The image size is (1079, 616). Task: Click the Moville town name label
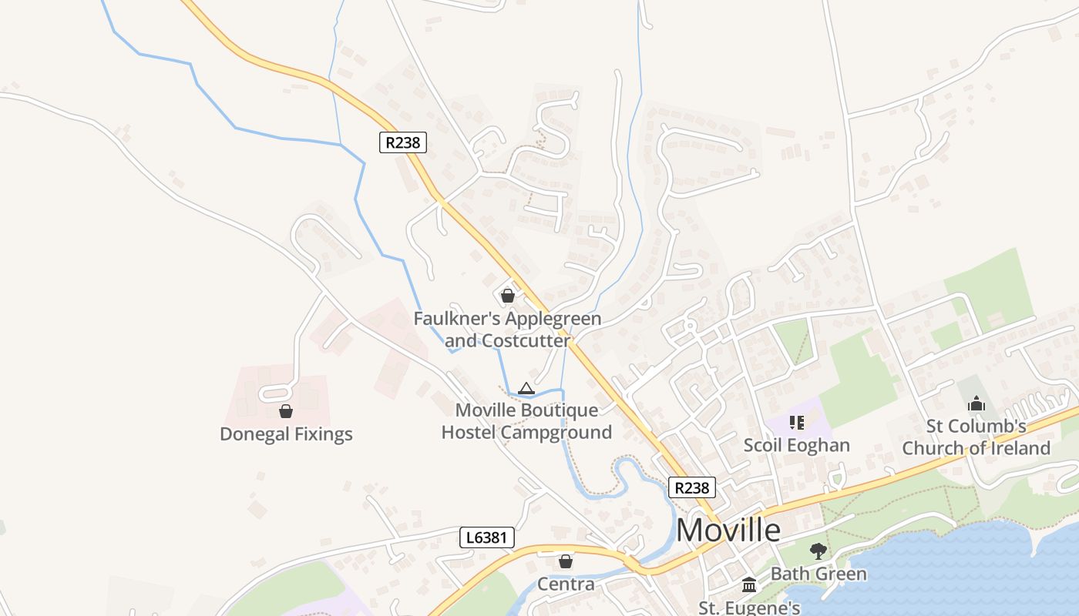click(728, 530)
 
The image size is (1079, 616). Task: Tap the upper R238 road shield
click(403, 142)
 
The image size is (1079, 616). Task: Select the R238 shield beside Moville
click(691, 487)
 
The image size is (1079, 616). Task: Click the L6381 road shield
click(487, 537)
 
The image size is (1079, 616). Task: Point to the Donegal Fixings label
click(286, 434)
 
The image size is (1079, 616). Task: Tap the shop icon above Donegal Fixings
click(286, 411)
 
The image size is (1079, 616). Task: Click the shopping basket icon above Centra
click(566, 561)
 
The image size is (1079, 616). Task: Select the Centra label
click(566, 584)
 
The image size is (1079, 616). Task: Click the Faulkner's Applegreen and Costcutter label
click(507, 329)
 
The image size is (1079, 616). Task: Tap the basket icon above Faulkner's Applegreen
click(507, 295)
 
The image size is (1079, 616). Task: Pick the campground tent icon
click(526, 388)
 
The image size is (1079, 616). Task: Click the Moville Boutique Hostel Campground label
click(526, 421)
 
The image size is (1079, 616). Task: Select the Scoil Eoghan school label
click(796, 445)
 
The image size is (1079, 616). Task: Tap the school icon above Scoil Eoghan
click(797, 423)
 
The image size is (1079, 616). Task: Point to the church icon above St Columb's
click(976, 403)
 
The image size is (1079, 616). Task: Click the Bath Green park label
click(818, 574)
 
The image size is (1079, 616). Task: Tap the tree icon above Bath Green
click(818, 551)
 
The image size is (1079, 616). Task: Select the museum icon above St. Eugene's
click(749, 584)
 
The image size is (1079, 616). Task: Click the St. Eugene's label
click(749, 607)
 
